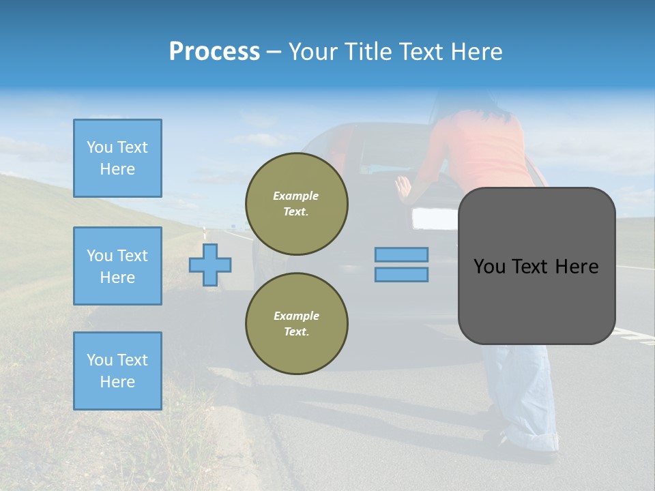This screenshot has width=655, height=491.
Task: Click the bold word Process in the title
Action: pyautogui.click(x=214, y=51)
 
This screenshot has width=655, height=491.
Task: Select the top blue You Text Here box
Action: pyautogui.click(x=117, y=158)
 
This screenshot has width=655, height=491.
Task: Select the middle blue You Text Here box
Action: pyautogui.click(x=117, y=266)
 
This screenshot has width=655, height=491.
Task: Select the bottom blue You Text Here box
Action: pyautogui.click(x=117, y=371)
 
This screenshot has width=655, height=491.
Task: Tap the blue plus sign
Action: pyautogui.click(x=210, y=265)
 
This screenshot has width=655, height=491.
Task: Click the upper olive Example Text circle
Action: pyautogui.click(x=296, y=204)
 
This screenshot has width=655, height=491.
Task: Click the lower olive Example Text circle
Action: pyautogui.click(x=296, y=324)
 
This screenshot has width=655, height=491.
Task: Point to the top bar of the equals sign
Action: pyautogui.click(x=401, y=254)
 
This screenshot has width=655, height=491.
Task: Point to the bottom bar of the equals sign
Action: pyautogui.click(x=401, y=274)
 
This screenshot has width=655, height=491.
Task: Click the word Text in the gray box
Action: pyautogui.click(x=535, y=267)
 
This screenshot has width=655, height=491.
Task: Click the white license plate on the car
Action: pyautogui.click(x=435, y=218)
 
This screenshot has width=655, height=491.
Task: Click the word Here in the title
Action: pyautogui.click(x=475, y=52)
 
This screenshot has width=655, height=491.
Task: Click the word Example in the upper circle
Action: pyautogui.click(x=296, y=196)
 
